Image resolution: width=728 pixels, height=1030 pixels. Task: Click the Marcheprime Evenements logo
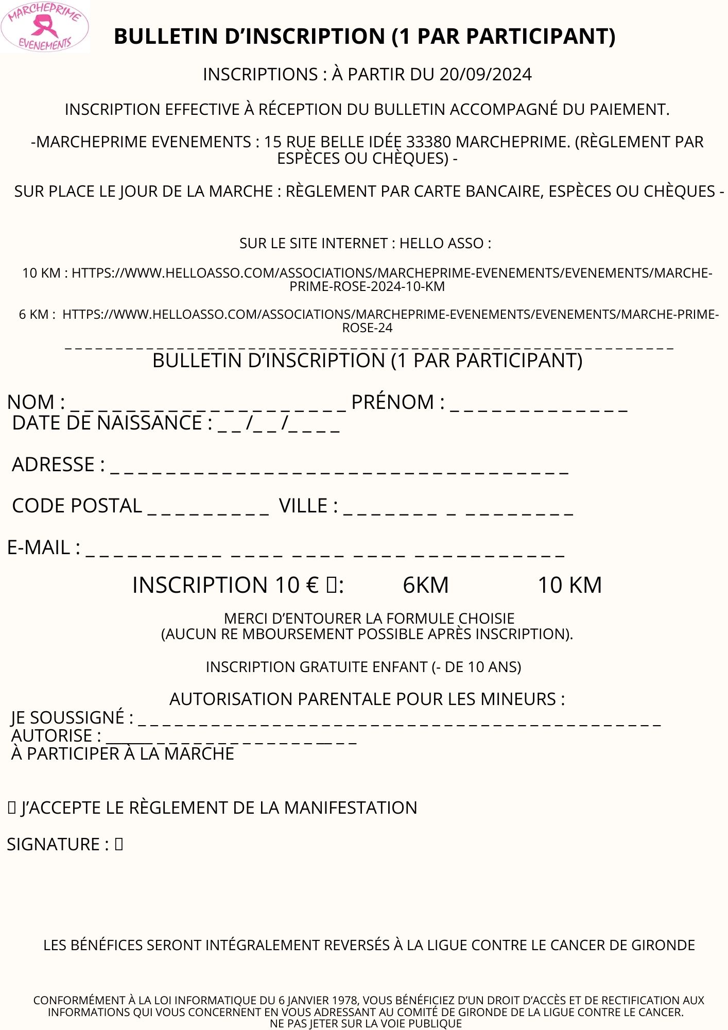click(45, 27)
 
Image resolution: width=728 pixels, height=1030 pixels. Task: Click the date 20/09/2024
click(486, 75)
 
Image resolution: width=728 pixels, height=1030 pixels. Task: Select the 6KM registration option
click(425, 585)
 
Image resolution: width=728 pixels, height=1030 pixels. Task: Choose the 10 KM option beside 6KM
click(569, 585)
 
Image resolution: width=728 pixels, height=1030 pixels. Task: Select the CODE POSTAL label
click(77, 506)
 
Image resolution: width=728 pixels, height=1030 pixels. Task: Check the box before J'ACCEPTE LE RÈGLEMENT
click(12, 808)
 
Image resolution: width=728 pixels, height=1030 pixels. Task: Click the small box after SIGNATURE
click(119, 844)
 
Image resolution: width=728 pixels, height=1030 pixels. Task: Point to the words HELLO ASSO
click(441, 243)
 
